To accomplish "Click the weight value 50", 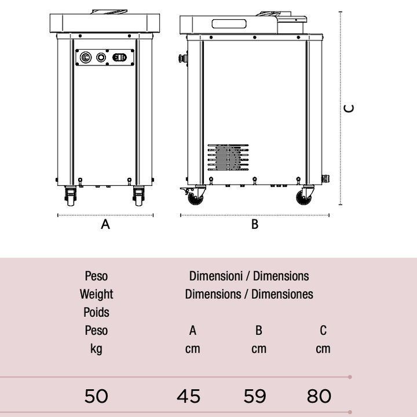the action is tap(96, 396).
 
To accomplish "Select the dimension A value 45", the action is tap(189, 396).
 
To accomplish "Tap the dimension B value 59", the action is tap(255, 396).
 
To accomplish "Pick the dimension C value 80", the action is tap(319, 396).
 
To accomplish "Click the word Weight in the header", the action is tap(96, 294).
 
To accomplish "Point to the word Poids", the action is tap(96, 312).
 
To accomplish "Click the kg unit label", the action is tap(96, 349).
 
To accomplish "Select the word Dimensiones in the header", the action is tap(282, 294).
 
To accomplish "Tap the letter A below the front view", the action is tap(105, 224).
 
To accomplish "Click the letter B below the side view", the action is tap(255, 224).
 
